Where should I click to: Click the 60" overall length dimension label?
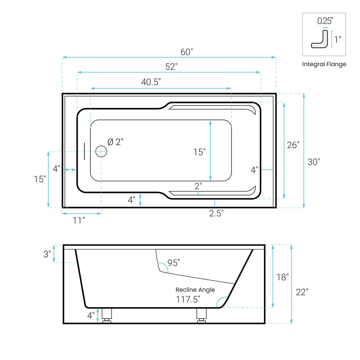186,52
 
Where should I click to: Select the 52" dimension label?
171,67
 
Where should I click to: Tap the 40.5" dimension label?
151,82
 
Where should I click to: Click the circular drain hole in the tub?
101,151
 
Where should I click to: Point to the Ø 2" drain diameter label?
116,142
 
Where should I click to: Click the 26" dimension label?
293,145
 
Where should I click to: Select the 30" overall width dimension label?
314,162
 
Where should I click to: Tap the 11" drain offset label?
78,220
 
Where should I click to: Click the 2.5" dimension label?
216,213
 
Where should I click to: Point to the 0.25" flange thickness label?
325,21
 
